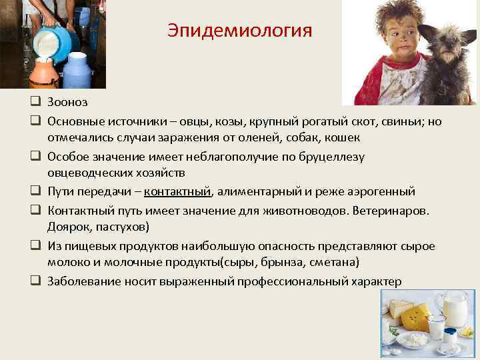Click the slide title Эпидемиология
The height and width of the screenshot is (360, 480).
tap(239, 31)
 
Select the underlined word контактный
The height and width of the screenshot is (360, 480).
tap(177, 192)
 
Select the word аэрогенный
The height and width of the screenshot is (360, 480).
tap(383, 192)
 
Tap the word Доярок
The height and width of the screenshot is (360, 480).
tap(68, 227)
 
